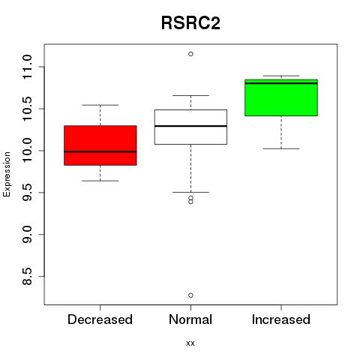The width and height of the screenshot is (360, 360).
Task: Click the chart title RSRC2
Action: click(x=190, y=23)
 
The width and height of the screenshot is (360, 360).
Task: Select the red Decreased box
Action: click(x=100, y=145)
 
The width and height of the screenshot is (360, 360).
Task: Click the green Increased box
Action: click(x=281, y=97)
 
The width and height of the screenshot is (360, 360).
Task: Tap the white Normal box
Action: click(x=190, y=127)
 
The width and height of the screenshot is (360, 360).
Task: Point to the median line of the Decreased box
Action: click(x=100, y=151)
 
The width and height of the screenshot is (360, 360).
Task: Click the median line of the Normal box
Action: click(x=190, y=126)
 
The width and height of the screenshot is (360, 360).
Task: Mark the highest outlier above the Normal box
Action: click(x=190, y=54)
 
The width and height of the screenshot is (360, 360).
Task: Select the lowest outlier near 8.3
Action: click(x=190, y=295)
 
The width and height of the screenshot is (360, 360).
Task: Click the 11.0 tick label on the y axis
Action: click(x=27, y=67)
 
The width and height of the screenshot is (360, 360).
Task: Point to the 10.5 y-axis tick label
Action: click(x=27, y=109)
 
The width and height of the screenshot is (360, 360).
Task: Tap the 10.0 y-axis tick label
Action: click(x=27, y=151)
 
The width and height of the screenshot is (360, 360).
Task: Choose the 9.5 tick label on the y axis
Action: click(x=27, y=193)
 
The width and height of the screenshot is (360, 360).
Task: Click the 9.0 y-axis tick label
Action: click(x=27, y=235)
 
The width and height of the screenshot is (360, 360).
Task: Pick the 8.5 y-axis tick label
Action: click(x=27, y=277)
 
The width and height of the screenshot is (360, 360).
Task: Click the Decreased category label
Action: click(x=100, y=319)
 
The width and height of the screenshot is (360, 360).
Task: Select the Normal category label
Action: click(x=190, y=319)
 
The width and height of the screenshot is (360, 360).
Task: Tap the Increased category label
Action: click(x=281, y=319)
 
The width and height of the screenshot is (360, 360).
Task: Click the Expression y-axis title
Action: click(x=7, y=174)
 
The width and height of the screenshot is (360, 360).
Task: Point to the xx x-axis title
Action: click(x=190, y=343)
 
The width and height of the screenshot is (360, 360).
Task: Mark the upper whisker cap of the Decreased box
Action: click(x=100, y=105)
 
